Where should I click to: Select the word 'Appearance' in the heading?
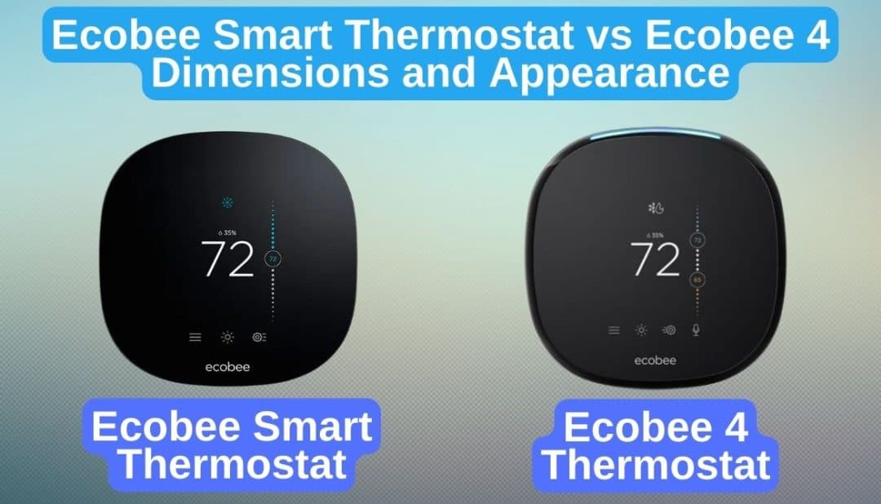click(615, 73)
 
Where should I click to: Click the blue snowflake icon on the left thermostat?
click(227, 202)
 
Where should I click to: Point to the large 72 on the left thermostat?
click(228, 259)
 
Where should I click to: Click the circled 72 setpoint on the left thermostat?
click(272, 259)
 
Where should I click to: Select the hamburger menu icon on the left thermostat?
click(195, 337)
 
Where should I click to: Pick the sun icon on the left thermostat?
click(227, 337)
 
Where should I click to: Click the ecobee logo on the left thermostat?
click(228, 367)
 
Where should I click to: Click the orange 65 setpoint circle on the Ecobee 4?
click(697, 280)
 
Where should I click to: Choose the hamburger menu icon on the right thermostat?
click(613, 330)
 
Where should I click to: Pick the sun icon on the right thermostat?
click(641, 330)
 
